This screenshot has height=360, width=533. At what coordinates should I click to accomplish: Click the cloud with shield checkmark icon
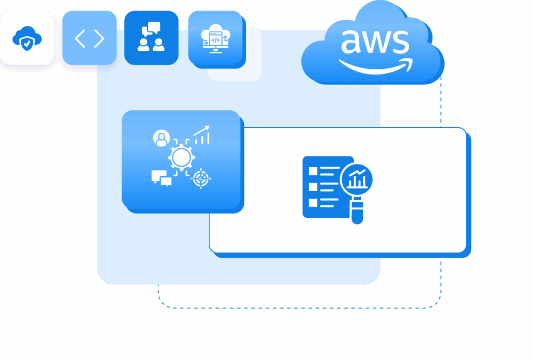coord(27,38)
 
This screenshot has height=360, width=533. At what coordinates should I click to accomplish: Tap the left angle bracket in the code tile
coord(80,38)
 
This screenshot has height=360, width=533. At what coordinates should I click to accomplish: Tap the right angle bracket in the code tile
coord(99,38)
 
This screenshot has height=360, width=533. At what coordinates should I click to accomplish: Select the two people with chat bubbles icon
coord(151,37)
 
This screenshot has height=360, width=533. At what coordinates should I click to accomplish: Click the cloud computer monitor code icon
coord(215,38)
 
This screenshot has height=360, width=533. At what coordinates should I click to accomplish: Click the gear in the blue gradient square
coord(181,157)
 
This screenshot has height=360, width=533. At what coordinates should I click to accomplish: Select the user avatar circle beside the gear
coord(161,138)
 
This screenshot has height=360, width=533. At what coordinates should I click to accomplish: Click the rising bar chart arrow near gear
coord(202,135)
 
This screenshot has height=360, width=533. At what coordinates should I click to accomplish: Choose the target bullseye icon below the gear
coord(200,178)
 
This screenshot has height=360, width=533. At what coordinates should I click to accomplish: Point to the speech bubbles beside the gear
coord(161,178)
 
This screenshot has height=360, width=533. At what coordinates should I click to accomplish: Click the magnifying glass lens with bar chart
coord(357,179)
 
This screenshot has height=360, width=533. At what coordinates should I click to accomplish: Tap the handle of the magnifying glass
coord(357,211)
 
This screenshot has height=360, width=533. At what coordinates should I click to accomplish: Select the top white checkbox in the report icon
coord(313,171)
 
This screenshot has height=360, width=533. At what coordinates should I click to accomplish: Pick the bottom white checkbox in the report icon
coord(313,203)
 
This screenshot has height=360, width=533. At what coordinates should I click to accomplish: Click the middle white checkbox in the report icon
coord(313,187)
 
